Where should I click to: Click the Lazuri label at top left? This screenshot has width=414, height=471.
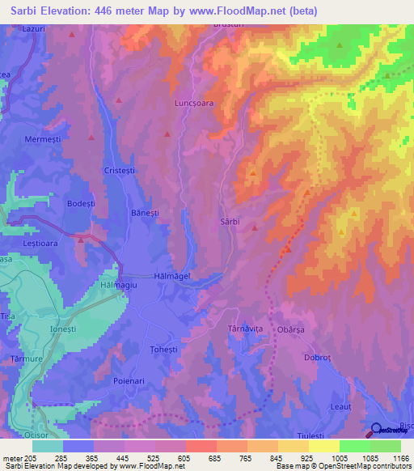[x=32, y=28]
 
